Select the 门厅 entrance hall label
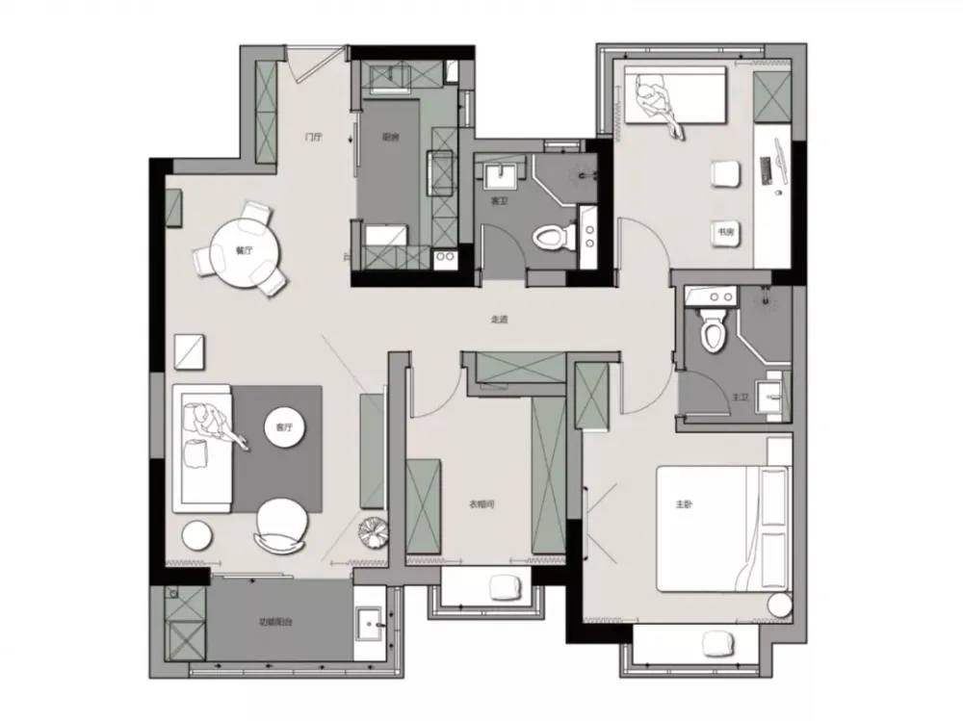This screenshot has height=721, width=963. tap(313, 137)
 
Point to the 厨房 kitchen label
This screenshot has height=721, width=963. tap(390, 137)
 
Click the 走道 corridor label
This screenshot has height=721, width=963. tap(499, 321)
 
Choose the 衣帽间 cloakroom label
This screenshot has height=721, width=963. tap(481, 502)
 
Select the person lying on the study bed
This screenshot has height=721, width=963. tap(660, 104)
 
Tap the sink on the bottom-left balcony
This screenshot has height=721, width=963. tap(368, 627)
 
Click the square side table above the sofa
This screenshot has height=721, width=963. tap(191, 350)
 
